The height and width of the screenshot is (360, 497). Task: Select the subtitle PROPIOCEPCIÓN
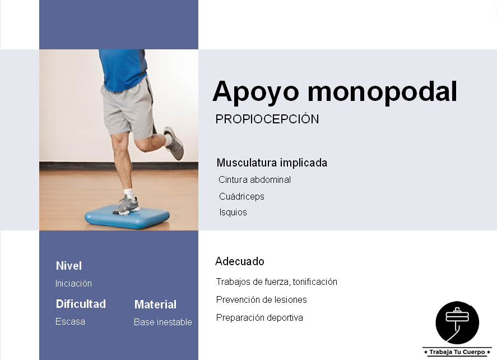point(267,119)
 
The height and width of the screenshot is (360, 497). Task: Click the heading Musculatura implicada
point(272,163)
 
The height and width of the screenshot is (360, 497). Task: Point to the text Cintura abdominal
point(254,180)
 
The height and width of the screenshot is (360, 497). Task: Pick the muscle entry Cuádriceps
point(241,197)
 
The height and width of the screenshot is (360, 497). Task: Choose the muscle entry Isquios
point(233,213)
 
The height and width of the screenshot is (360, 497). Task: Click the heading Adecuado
point(239,261)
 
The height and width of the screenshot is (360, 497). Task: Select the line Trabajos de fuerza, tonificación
point(276,282)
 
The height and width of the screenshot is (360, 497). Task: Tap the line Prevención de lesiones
point(261,300)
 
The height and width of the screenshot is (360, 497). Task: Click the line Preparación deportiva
point(259,318)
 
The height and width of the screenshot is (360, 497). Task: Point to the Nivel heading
point(69,266)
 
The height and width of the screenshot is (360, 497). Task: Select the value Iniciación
point(73,284)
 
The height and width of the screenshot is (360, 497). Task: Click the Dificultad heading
point(81,304)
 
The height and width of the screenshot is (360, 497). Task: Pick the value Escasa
point(70,322)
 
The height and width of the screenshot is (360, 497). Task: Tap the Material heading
point(155,304)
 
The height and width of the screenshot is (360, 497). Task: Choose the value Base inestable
point(162,322)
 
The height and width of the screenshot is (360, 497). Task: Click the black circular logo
point(457,322)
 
